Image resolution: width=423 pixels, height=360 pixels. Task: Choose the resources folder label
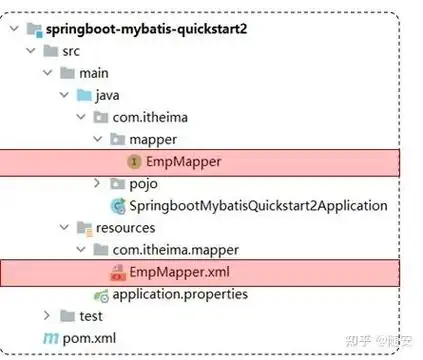127,227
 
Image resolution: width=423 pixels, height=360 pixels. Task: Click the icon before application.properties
99,294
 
